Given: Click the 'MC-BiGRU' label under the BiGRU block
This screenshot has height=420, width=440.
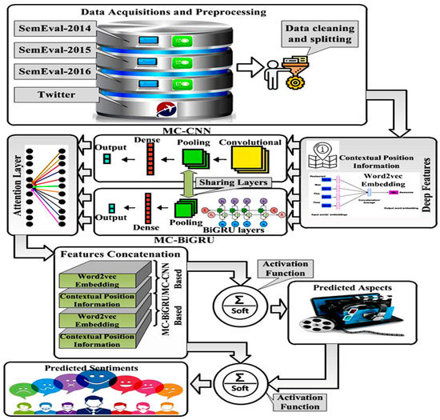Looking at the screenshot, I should [x=194, y=238].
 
